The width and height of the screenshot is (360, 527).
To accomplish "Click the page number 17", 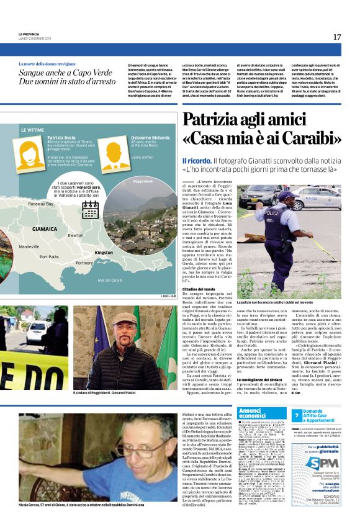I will click(x=336, y=37).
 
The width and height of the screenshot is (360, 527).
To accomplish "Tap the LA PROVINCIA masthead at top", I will click(x=29, y=34).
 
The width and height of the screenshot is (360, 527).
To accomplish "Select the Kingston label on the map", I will click(x=104, y=253).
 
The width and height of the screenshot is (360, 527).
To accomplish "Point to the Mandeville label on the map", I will click(x=29, y=246).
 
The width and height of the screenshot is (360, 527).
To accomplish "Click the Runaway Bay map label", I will click(x=40, y=204).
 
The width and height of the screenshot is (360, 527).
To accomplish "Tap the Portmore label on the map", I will click(x=84, y=263).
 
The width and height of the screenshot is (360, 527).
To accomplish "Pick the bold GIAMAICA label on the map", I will click(x=45, y=229).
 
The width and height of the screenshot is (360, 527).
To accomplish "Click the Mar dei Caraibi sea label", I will click(x=110, y=280).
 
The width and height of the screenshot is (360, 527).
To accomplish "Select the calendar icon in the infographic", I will click(x=90, y=209).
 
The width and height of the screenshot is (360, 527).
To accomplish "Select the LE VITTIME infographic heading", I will click(x=32, y=130).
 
